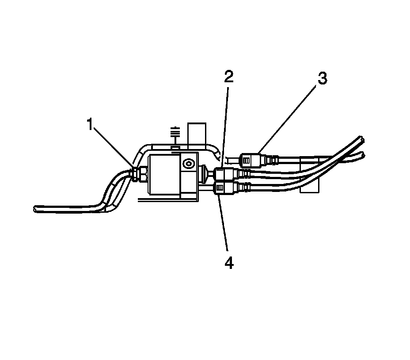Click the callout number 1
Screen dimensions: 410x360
(x=90, y=125)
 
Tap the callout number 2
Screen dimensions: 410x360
(x=228, y=77)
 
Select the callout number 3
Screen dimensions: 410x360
(x=322, y=79)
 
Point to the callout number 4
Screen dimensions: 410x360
(x=228, y=263)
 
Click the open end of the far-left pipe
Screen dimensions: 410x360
(x=35, y=208)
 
